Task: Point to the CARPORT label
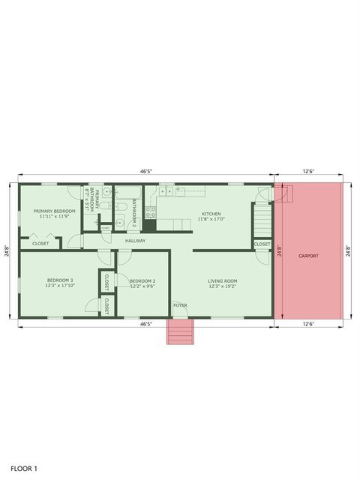pyautogui.click(x=308, y=256)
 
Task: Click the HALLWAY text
pyautogui.click(x=135, y=241)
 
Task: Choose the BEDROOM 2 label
pyautogui.click(x=142, y=283)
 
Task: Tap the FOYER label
pyautogui.click(x=180, y=305)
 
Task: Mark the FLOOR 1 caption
pyautogui.click(x=24, y=468)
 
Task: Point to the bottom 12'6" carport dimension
pyautogui.click(x=308, y=325)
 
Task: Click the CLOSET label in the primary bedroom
pyautogui.click(x=40, y=244)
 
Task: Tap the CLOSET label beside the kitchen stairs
pyautogui.click(x=262, y=244)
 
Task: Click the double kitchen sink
pyautogui.click(x=168, y=191)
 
